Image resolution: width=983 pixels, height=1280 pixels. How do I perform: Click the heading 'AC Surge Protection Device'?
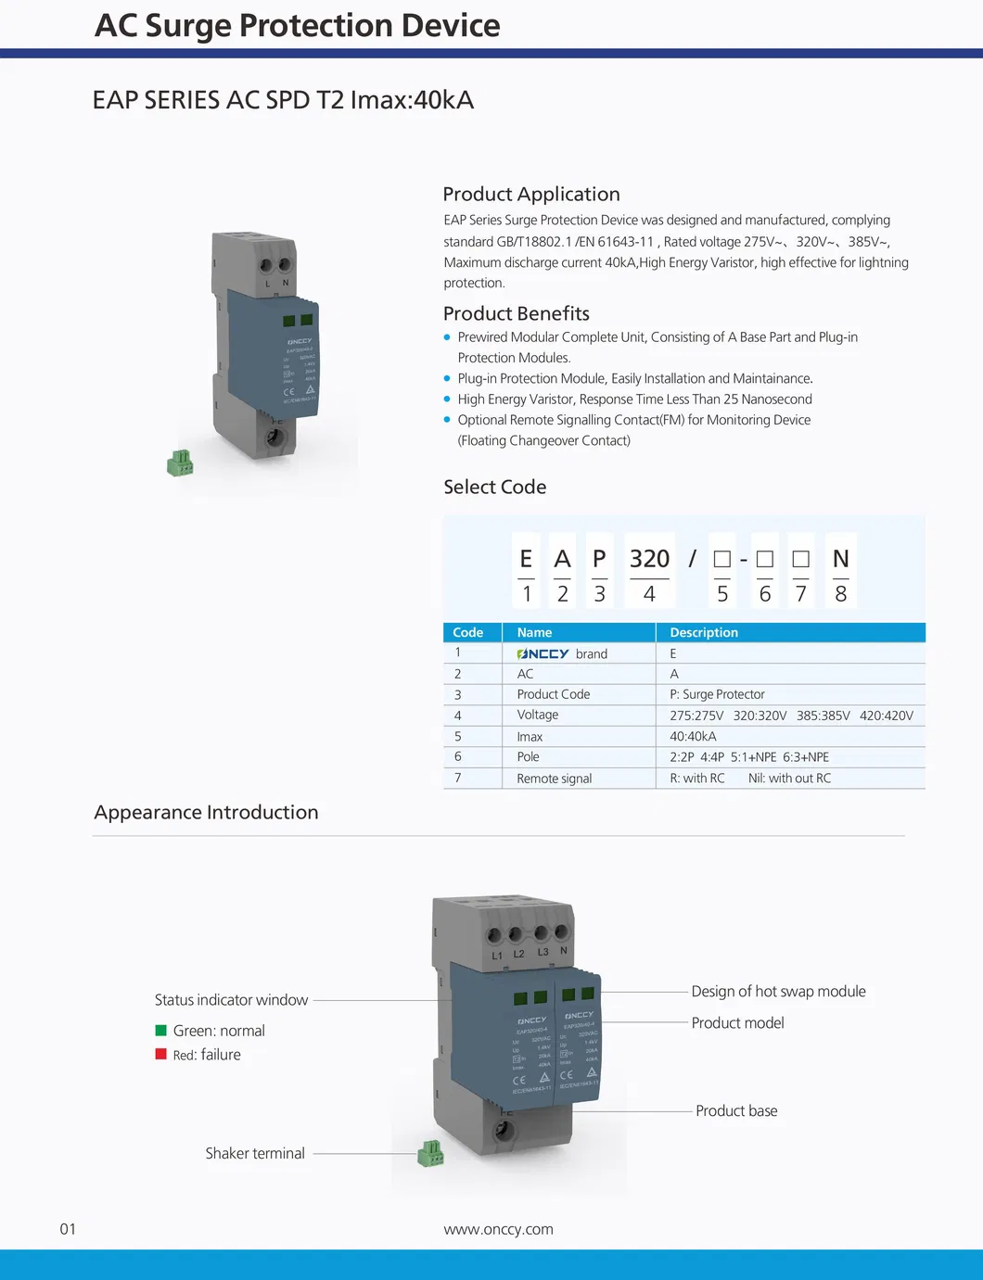click(x=297, y=26)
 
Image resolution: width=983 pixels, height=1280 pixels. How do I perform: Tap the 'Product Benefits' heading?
click(x=516, y=313)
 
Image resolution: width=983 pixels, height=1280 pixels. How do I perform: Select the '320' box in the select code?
click(x=649, y=559)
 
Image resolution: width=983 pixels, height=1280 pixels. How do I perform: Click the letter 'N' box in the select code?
click(x=840, y=559)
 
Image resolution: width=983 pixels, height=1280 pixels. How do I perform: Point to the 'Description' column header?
click(x=704, y=633)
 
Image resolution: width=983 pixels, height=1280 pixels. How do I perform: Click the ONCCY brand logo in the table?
click(x=543, y=654)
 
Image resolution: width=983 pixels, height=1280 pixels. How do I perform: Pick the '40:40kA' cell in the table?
click(x=693, y=737)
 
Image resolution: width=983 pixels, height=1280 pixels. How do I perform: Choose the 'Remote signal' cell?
click(x=554, y=779)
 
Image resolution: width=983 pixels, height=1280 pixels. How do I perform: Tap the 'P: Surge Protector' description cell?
click(x=717, y=694)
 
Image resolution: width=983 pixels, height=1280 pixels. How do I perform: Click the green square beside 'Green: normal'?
click(x=161, y=1031)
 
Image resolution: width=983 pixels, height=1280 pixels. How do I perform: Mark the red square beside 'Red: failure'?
click(x=161, y=1054)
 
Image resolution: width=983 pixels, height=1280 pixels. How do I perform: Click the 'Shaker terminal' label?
click(x=255, y=1153)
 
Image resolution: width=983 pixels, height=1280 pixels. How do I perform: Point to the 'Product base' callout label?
click(x=736, y=1110)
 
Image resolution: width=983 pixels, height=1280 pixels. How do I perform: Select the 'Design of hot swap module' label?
click(x=778, y=991)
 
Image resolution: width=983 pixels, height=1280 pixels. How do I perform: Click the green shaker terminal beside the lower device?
click(x=430, y=1154)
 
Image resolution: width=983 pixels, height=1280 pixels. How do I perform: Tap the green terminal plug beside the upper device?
click(x=180, y=463)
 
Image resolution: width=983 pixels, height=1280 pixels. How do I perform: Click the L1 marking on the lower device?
click(x=497, y=956)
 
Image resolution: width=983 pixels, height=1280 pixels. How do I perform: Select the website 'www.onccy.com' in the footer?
click(x=498, y=1229)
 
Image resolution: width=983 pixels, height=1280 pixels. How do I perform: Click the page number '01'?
click(x=68, y=1229)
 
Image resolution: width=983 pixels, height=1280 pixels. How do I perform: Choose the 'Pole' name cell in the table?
click(x=528, y=757)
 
